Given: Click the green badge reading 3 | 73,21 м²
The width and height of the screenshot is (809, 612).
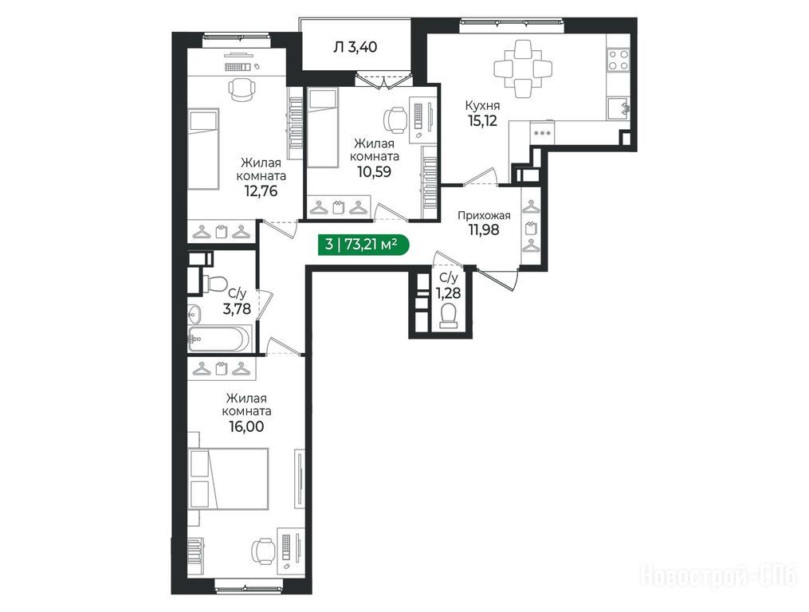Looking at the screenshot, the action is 363,244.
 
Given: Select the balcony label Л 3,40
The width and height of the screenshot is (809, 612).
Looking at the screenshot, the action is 355,48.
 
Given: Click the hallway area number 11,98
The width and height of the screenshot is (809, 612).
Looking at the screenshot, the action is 484,230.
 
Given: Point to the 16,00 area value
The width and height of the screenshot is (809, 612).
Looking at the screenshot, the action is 246,426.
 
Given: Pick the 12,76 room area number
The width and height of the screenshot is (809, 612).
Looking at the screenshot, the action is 261,191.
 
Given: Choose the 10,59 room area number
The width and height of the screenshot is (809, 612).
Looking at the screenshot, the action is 374,171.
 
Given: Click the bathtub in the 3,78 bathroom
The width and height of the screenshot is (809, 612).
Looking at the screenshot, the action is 218,339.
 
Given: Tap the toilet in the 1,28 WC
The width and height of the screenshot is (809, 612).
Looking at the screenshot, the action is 448,316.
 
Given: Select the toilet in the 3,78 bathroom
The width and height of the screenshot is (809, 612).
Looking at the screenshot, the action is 214,284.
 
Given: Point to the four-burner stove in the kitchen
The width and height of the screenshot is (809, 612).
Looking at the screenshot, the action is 618,59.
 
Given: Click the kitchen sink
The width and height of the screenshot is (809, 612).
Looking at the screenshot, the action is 618,109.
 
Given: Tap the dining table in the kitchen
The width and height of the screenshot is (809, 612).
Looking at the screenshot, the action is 523,68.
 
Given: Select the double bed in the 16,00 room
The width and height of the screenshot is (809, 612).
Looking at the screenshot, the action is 229,478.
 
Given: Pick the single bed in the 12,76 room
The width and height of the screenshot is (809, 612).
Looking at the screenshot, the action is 202,148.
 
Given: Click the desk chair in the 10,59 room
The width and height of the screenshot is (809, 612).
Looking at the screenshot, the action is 395,120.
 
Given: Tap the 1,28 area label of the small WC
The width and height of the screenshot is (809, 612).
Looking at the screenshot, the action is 448,293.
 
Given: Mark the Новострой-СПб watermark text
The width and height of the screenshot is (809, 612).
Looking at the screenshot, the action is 719,575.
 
